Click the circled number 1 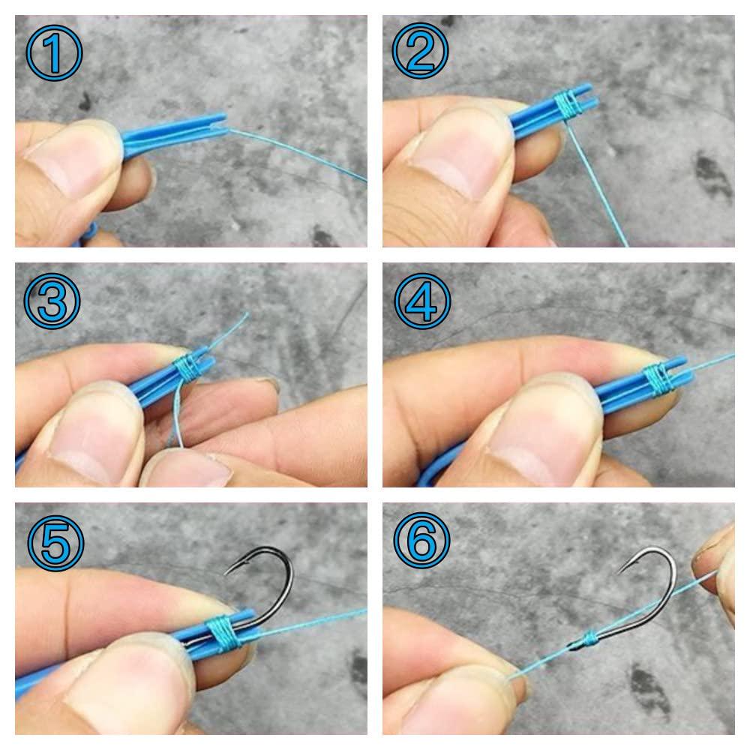(x=53, y=52)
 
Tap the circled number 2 (x=420, y=50)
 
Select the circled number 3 (x=52, y=301)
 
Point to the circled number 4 (x=422, y=301)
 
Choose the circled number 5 (x=55, y=543)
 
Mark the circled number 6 (x=421, y=540)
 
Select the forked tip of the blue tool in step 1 (x=217, y=123)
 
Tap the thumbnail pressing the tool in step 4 (x=545, y=430)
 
